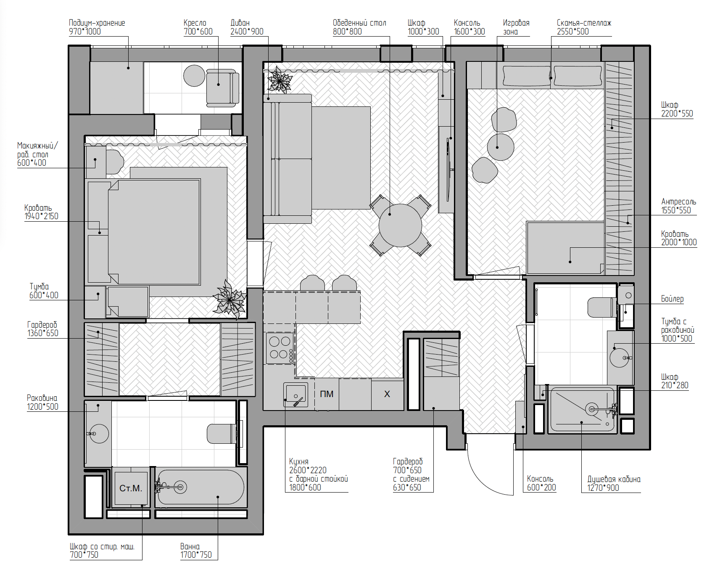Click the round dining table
[400, 225]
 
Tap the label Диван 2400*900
[247, 27]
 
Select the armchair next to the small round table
[223, 87]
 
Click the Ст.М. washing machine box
[131, 488]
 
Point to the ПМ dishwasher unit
[327, 394]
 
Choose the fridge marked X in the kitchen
[387, 394]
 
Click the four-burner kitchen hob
[280, 348]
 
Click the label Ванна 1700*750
[196, 551]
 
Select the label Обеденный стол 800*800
[359, 27]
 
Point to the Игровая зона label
[516, 27]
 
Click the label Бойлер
[672, 299]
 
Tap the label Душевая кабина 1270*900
[614, 483]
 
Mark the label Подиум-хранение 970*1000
[97, 27]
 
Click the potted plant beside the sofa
[279, 80]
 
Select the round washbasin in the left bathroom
[99, 434]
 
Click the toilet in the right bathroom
[602, 307]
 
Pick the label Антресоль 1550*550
[678, 206]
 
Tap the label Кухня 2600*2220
[308, 466]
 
